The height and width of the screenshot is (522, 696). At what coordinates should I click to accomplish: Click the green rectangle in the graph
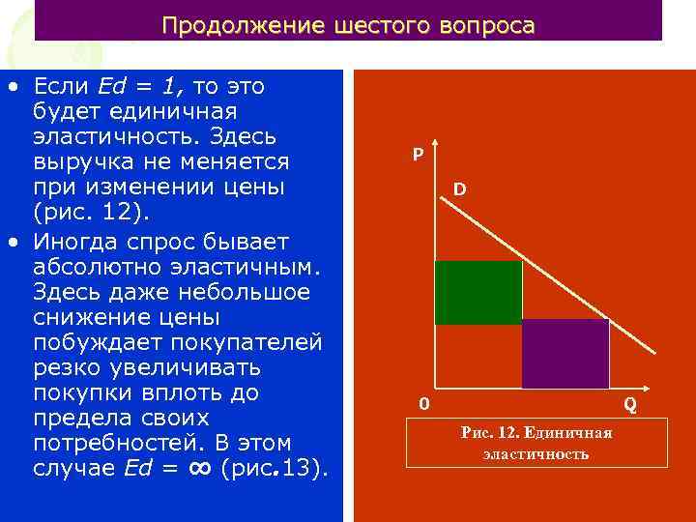pos(478,292)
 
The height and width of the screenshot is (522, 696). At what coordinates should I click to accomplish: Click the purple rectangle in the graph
pos(565,353)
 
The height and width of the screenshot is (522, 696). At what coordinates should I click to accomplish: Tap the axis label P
pos(417,155)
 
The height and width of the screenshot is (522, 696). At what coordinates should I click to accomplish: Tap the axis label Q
pos(629,403)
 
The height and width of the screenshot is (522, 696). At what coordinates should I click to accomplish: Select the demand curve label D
pos(459,190)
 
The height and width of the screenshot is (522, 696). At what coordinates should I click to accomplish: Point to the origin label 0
pos(423,403)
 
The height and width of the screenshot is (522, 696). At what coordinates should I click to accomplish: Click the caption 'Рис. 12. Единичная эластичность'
pos(536,444)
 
